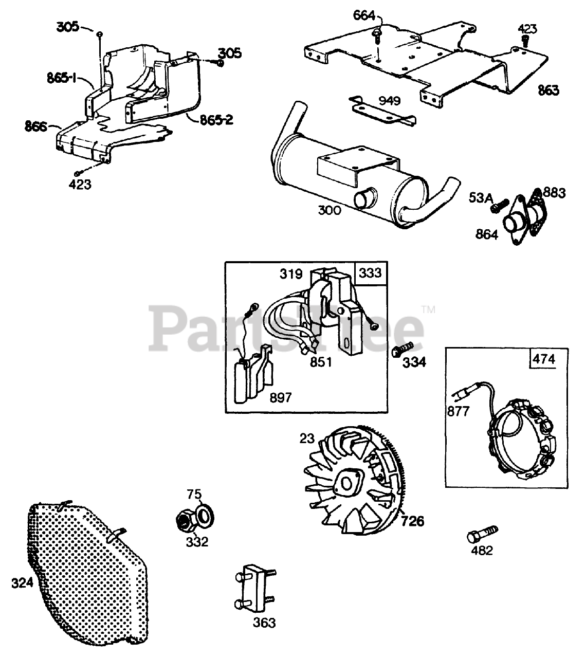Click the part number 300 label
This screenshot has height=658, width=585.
coord(329,210)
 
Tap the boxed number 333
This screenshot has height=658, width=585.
coord(370,272)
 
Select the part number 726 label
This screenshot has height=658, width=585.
coord(412,521)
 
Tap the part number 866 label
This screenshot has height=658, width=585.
coord(35,125)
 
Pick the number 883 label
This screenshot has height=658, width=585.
coord(554,193)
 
